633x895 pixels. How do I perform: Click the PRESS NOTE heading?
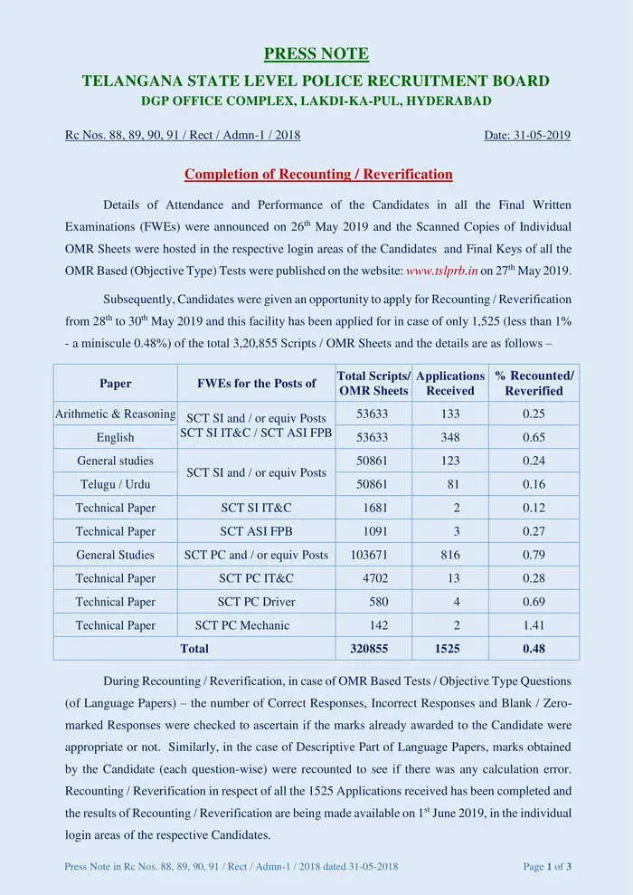(316, 53)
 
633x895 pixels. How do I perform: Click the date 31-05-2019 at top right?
(527, 135)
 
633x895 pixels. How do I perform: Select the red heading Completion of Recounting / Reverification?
(318, 174)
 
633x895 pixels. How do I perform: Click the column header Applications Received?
(449, 383)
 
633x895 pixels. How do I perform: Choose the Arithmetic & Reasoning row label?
(115, 414)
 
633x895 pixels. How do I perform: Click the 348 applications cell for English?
(449, 437)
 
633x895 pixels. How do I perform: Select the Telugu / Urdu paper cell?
(115, 484)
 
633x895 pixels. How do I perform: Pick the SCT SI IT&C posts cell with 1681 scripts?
(256, 508)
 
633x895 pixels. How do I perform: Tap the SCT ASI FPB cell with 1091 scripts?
(256, 531)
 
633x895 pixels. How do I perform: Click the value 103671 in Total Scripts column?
(373, 555)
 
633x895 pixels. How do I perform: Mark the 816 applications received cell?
(449, 555)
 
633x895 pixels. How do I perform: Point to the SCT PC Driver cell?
(256, 602)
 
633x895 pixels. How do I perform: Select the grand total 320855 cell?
(373, 649)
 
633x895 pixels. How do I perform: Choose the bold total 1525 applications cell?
(449, 649)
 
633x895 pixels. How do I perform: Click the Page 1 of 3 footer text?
(547, 866)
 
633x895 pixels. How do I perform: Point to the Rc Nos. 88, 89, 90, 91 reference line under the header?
(183, 135)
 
